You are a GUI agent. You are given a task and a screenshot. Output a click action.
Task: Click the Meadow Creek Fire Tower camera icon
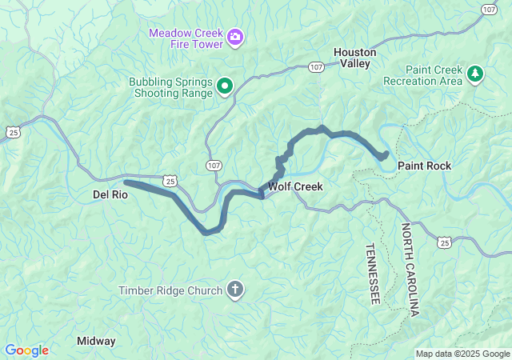[x=235, y=37]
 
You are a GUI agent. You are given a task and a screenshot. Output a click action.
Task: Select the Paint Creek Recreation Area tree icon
[x=476, y=74]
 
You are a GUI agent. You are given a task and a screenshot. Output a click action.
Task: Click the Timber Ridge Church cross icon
[x=235, y=290]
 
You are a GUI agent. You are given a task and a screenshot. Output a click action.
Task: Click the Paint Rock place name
[x=424, y=166]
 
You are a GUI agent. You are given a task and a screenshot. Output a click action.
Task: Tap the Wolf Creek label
[x=295, y=186]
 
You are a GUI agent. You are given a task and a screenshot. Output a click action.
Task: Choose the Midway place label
[x=96, y=341]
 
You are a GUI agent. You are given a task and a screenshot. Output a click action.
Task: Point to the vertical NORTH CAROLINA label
[x=410, y=270]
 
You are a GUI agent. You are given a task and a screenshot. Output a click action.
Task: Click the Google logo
[x=26, y=350]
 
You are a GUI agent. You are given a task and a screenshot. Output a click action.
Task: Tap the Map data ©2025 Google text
[x=462, y=354]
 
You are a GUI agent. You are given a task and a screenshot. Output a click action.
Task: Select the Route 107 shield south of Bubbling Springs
[x=214, y=165]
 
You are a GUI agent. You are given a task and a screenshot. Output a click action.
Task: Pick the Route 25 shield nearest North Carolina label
[x=445, y=241]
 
